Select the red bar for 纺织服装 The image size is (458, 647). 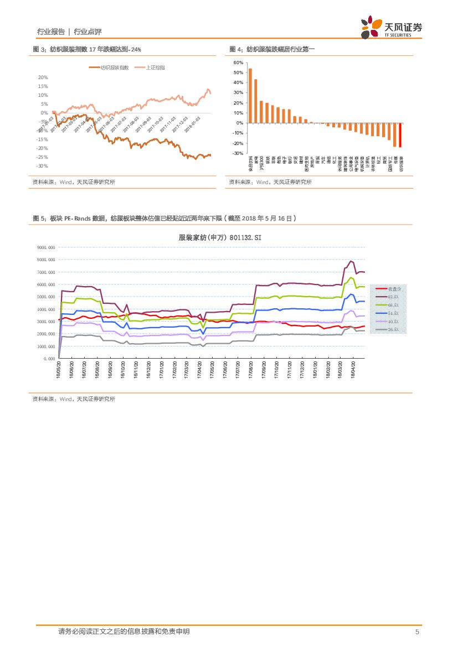pyautogui.click(x=400, y=135)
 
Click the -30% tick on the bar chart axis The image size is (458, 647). pyautogui.click(x=239, y=153)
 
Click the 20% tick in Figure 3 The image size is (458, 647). pyautogui.click(x=43, y=77)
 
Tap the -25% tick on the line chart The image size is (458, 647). pyautogui.click(x=42, y=157)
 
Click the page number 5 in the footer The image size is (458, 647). pyautogui.click(x=416, y=632)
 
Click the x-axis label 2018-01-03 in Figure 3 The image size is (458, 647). pyautogui.click(x=193, y=125)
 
